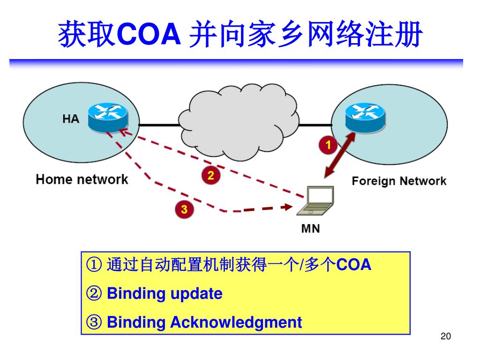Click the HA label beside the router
[x=71, y=119]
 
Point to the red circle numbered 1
[x=329, y=145]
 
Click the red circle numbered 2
[x=210, y=176]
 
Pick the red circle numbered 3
[x=184, y=209]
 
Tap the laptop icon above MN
[x=319, y=201]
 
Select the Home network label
[x=82, y=180]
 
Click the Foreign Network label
[x=399, y=181]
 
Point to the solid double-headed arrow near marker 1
[x=338, y=155]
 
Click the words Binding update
[x=165, y=294]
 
